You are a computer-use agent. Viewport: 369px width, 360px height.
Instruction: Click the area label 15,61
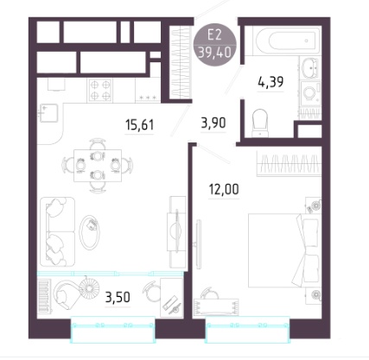pos(140,125)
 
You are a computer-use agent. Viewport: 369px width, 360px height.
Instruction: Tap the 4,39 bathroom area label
pos(270,82)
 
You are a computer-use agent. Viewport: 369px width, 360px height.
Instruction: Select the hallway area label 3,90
pos(213,123)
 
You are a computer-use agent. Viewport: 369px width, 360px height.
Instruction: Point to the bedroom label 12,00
pos(224,189)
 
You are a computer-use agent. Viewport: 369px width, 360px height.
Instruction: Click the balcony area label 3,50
pos(118,297)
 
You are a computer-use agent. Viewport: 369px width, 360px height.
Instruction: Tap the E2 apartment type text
pos(214,35)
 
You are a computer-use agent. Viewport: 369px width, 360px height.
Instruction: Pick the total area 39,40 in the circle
pos(214,53)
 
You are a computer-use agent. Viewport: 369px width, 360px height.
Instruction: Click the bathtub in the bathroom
pos(287,41)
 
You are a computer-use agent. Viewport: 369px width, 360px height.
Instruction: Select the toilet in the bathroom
pos(260,123)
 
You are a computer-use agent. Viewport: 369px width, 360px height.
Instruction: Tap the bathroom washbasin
pos(310,68)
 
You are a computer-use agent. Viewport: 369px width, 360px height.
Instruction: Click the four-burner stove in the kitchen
pos(100,90)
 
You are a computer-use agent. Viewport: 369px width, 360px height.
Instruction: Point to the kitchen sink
pos(49,113)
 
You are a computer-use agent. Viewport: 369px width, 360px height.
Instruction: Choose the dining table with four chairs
pos(98,166)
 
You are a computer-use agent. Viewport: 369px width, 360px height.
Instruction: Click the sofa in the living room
pos(57,231)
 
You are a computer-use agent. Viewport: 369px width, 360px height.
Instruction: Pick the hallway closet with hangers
pos(181,63)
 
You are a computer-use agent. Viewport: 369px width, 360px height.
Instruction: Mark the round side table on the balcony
pos(89,288)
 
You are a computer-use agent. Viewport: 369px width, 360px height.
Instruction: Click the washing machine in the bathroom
pos(310,92)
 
